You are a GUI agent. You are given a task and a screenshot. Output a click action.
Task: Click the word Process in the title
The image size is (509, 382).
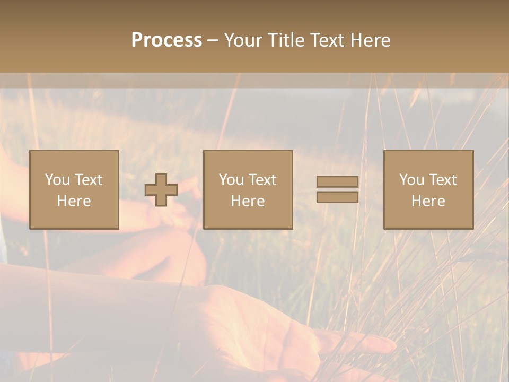tap(166, 40)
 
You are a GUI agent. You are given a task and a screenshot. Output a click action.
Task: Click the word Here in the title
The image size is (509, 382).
tap(371, 40)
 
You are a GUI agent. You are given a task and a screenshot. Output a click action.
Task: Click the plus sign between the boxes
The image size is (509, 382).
tap(161, 190)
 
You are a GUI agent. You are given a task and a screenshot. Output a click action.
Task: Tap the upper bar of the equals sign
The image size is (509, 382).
tap(337, 182)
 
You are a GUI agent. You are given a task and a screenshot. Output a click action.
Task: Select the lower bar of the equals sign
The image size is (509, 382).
tap(337, 197)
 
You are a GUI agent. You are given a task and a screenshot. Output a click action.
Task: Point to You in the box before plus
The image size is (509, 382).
tap(57, 180)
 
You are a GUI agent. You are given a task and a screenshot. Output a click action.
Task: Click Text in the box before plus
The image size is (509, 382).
tap(88, 180)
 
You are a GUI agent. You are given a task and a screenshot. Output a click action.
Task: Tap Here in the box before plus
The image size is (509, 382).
tap(74, 201)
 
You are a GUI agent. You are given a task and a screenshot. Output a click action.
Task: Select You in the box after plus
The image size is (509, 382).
tap(231, 180)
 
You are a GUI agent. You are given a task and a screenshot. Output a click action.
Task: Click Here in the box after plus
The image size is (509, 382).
tap(248, 201)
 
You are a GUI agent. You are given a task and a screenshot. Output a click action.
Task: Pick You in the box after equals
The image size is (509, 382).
tap(411, 180)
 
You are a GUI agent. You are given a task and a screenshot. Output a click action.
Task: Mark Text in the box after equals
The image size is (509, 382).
tap(442, 180)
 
